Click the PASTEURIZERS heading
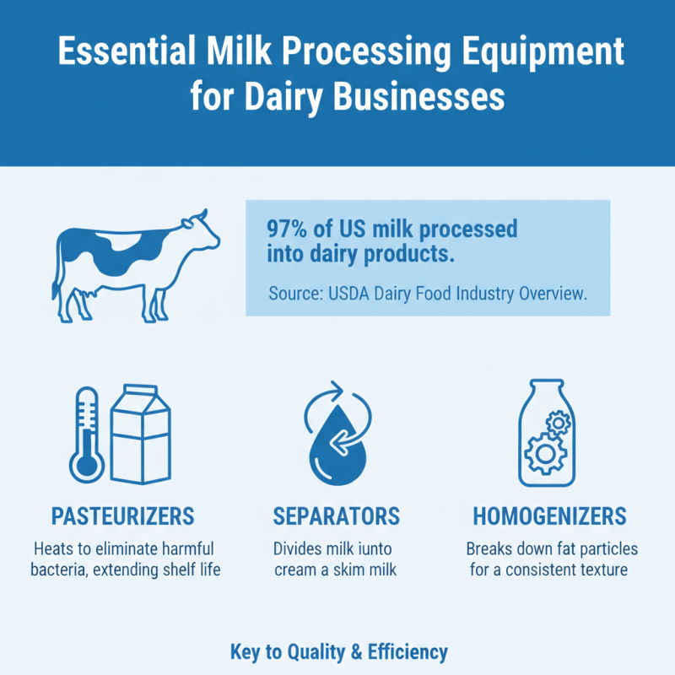123,516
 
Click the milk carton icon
141,435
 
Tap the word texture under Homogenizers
597,570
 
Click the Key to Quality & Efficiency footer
338,651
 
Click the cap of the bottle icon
548,387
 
